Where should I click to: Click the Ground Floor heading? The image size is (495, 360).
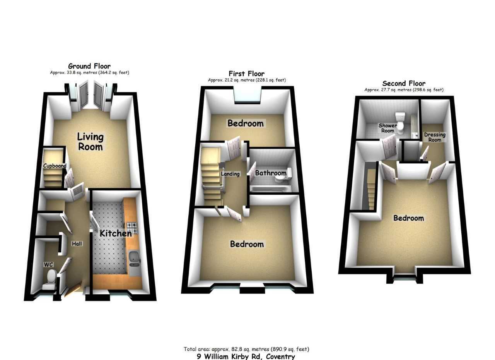[89, 66]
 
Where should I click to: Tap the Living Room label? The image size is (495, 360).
[90, 142]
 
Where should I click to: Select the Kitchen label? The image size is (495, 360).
[116, 233]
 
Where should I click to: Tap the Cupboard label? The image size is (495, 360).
[55, 166]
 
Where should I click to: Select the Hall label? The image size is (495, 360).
[77, 244]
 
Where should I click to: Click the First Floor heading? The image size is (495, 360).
[246, 74]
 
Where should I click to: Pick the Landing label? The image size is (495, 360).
[230, 174]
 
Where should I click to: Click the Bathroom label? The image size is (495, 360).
[271, 173]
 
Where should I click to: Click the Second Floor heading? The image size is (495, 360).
[404, 83]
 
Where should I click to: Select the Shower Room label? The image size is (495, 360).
[387, 128]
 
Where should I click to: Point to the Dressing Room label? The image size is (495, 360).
[435, 137]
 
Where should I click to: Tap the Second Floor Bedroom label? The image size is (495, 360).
[408, 218]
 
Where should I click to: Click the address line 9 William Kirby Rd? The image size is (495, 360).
[246, 357]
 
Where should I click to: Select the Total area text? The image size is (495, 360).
[246, 349]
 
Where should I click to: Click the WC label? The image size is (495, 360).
[48, 265]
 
